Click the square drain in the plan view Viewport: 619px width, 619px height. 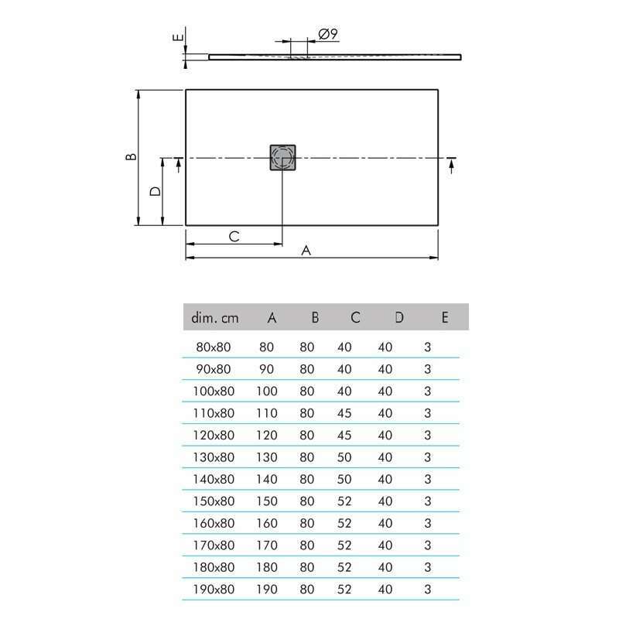pos(283,158)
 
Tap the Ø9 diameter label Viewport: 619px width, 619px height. pos(327,34)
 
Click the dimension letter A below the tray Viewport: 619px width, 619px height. pos(306,250)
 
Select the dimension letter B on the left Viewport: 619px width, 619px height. pos(132,156)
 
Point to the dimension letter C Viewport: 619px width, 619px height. pos(234,237)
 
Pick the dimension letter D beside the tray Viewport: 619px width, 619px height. pos(155,191)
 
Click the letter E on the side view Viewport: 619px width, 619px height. pos(177,36)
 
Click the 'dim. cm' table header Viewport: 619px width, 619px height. pos(216,317)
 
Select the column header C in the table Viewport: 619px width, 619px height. pos(355,317)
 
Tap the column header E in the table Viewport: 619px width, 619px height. pos(444,317)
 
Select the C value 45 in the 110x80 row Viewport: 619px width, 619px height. pos(345,413)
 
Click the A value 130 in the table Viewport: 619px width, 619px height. pos(266,457)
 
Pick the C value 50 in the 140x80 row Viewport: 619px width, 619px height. pos(345,480)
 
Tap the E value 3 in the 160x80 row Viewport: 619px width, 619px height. pos(428,524)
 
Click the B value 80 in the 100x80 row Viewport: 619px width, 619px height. pos(307,392)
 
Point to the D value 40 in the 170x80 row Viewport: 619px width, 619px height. pos(385,545)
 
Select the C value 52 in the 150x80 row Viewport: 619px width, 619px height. pos(345,501)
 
